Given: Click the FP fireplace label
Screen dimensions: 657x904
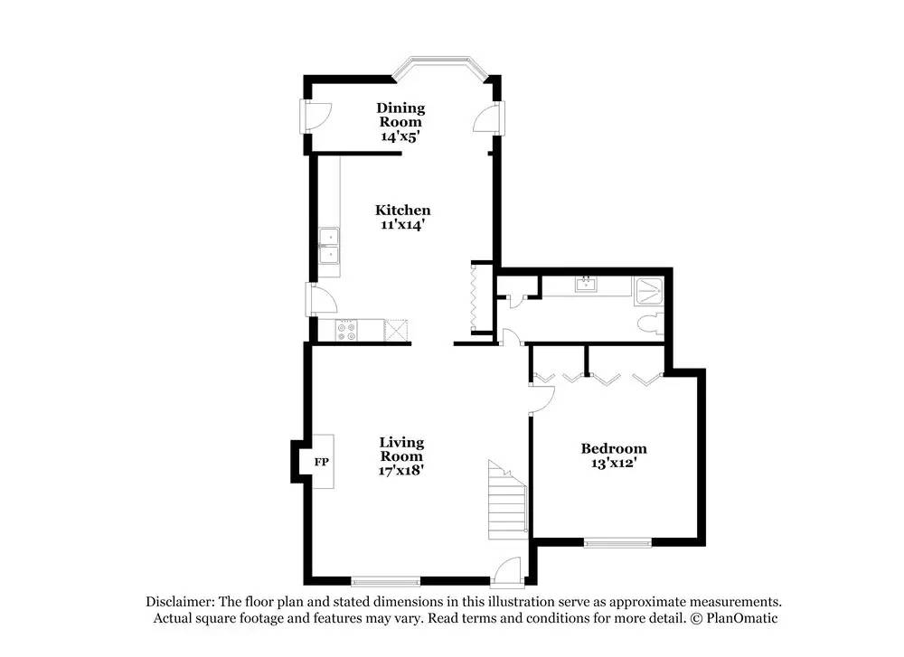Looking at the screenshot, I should pos(321,463).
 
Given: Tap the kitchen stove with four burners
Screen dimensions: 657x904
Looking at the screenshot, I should pos(347,331).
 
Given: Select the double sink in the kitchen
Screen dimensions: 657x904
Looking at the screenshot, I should pos(330,247).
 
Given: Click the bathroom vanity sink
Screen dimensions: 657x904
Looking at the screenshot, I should pos(586,286).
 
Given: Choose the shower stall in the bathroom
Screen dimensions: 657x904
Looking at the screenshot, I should pos(650,290).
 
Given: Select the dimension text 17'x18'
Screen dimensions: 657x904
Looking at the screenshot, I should pos(401,469).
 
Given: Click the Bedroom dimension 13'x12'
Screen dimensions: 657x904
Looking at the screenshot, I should pos(614,464).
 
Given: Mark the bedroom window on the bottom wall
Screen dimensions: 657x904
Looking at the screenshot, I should pos(617,542).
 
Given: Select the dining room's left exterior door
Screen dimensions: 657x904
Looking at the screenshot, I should pos(315,116).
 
